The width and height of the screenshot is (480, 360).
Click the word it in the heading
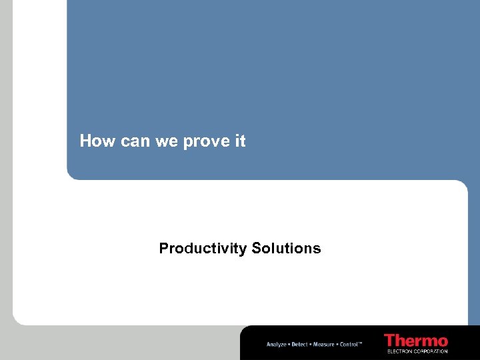[x=240, y=141]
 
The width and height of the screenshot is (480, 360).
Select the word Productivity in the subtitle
[x=203, y=249]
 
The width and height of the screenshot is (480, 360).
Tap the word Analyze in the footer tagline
[x=277, y=344]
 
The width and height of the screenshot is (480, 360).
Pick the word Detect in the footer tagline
[x=300, y=344]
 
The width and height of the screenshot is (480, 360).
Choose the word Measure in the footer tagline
[x=323, y=344]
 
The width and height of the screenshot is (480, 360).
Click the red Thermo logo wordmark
[x=416, y=340]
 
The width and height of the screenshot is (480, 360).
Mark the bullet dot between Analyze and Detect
[x=289, y=344]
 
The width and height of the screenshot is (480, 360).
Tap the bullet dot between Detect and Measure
[x=311, y=344]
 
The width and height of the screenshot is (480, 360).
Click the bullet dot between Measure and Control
[x=337, y=344]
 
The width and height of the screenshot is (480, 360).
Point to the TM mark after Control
[x=361, y=343]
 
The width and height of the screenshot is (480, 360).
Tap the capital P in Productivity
[x=163, y=249]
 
